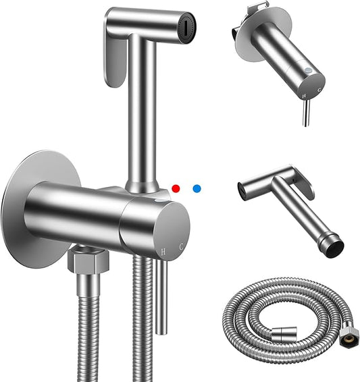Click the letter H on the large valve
point(163,251)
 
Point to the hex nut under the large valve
point(83,259)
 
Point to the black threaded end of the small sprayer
point(332,247)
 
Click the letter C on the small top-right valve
point(320,88)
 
